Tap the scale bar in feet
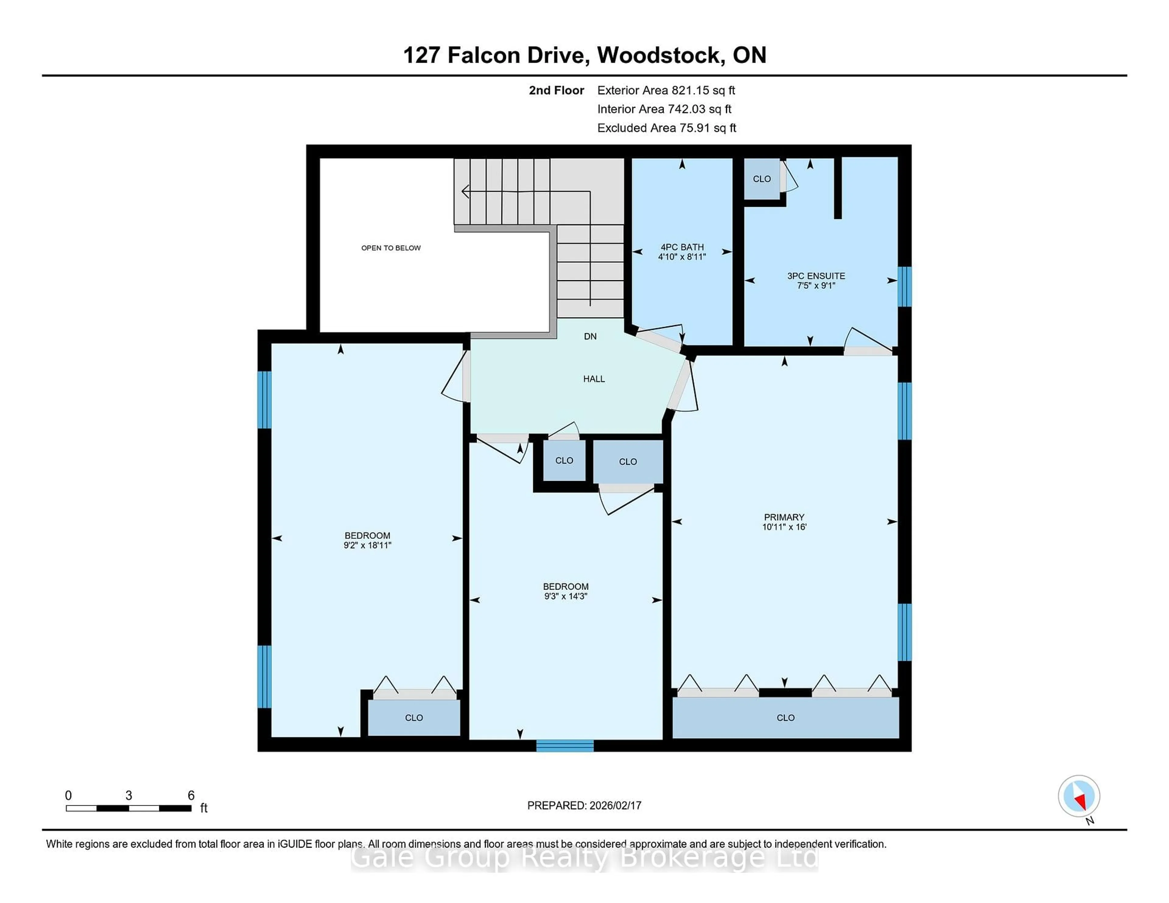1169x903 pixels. tap(128, 808)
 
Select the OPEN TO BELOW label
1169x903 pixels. tap(391, 248)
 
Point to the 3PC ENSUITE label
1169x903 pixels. tap(816, 276)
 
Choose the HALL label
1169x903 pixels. tap(594, 379)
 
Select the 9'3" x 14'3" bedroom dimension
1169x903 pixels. tap(565, 596)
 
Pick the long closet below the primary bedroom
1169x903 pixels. tap(785, 717)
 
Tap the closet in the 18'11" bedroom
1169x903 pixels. tap(414, 717)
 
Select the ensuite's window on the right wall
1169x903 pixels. tap(904, 286)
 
